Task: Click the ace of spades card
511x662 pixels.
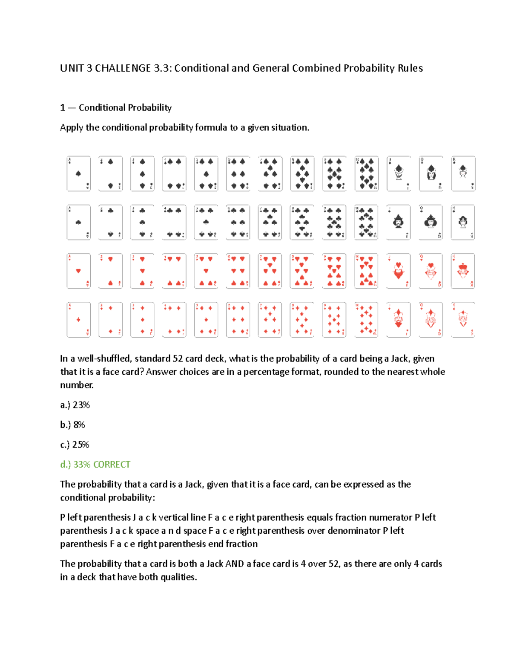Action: pyautogui.click(x=78, y=173)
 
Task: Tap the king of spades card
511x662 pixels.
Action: pyautogui.click(x=463, y=173)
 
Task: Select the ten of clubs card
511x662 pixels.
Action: pyautogui.click(x=366, y=222)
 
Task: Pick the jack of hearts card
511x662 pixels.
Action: pyautogui.click(x=398, y=271)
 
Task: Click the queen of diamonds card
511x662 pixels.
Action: pyautogui.click(x=431, y=320)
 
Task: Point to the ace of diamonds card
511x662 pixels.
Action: pyautogui.click(x=78, y=320)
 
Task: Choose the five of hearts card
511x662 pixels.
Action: pyautogui.click(x=206, y=271)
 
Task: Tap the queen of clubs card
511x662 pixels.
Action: pyautogui.click(x=431, y=222)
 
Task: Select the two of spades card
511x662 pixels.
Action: pyautogui.click(x=110, y=173)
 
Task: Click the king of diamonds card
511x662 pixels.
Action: pyautogui.click(x=463, y=320)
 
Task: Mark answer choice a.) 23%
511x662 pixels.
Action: pyautogui.click(x=75, y=405)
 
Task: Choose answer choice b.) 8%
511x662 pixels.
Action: pyautogui.click(x=73, y=425)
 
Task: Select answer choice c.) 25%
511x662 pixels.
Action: pyautogui.click(x=75, y=445)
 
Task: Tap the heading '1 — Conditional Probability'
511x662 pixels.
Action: pyautogui.click(x=116, y=107)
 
